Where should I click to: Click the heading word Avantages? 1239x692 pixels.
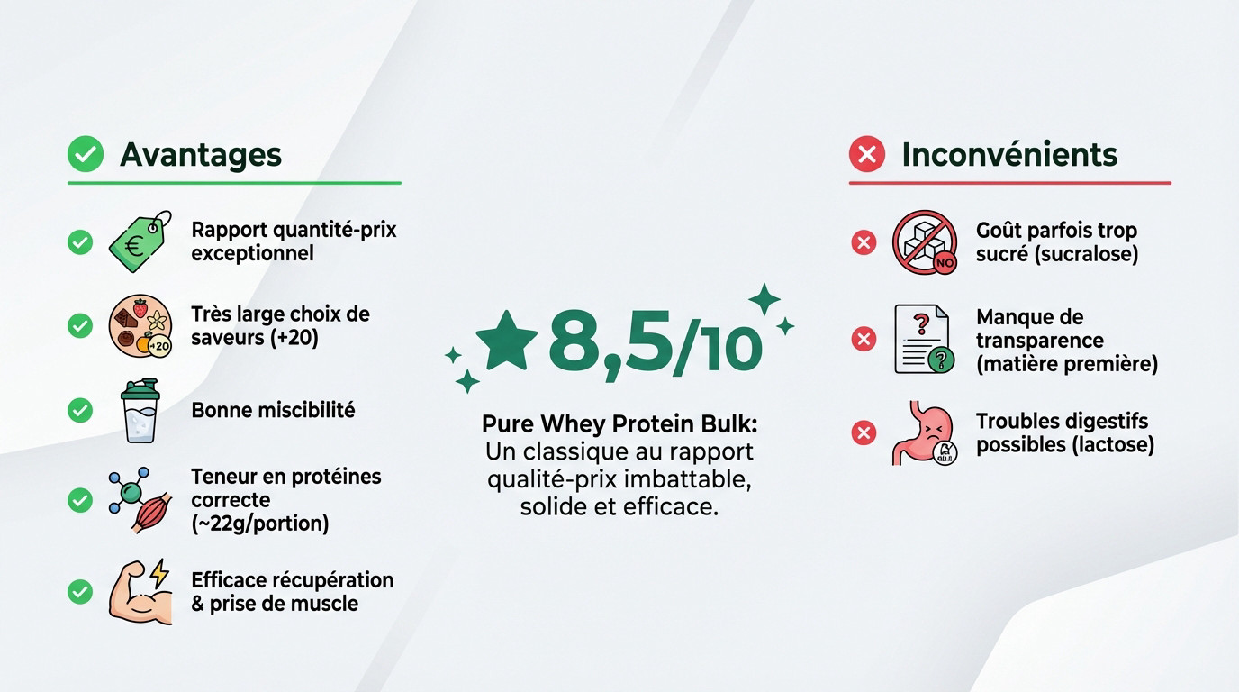[200, 155]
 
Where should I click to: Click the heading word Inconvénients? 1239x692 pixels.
[1009, 155]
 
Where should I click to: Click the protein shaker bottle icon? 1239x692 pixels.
[140, 411]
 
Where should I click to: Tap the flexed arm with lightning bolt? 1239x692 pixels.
[140, 591]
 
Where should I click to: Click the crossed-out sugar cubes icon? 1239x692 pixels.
[923, 242]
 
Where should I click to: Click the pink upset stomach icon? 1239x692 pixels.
[923, 433]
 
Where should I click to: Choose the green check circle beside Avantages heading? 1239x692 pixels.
[86, 155]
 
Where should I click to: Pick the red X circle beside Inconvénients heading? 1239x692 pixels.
[867, 155]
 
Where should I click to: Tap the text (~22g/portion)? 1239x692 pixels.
[259, 524]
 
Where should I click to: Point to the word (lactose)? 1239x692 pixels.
[1114, 444]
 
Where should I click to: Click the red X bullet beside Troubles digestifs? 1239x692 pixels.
[864, 433]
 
